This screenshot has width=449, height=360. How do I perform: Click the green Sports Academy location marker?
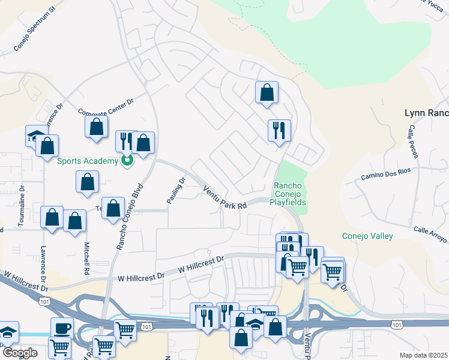pyautogui.click(x=127, y=160)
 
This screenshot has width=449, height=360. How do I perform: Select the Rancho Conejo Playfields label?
pyautogui.click(x=290, y=194)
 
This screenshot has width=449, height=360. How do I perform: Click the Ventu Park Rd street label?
pyautogui.click(x=225, y=197)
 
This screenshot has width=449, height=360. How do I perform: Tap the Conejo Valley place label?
pyautogui.click(x=367, y=236)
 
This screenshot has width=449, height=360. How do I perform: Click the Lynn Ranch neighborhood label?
pyautogui.click(x=426, y=113)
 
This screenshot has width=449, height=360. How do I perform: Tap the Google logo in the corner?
pyautogui.click(x=20, y=352)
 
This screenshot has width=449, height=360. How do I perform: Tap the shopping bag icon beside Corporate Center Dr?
pyautogui.click(x=97, y=127)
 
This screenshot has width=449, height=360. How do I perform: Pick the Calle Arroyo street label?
pyautogui.click(x=430, y=234)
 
